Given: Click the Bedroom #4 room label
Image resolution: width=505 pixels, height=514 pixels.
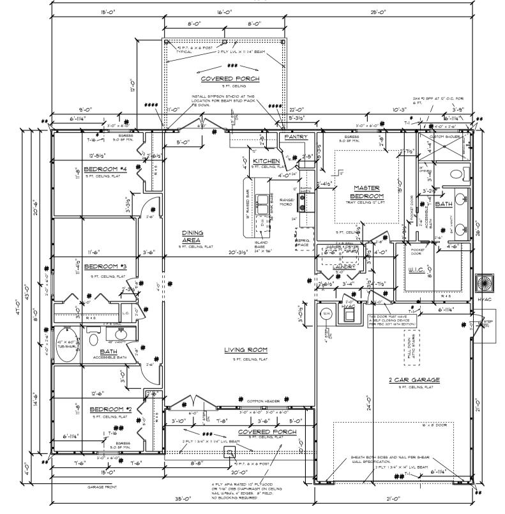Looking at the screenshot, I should click(x=105, y=169).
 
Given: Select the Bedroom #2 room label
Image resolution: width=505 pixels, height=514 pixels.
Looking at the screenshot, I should click(x=110, y=409).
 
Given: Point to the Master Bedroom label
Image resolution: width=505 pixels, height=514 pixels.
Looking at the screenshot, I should click(x=366, y=192).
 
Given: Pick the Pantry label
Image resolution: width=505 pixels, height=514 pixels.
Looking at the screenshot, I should click(x=296, y=137).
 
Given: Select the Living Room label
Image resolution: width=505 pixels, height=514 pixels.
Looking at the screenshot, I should click(x=245, y=349).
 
